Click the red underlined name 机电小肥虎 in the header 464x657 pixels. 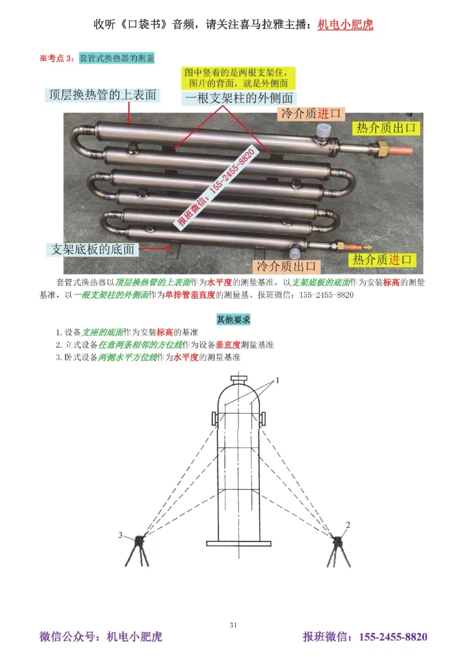click(x=346, y=25)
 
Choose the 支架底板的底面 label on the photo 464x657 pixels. click(x=93, y=249)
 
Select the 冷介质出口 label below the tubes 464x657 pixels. click(x=288, y=266)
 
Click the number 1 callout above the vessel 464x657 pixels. click(x=277, y=381)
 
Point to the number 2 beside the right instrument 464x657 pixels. click(x=348, y=525)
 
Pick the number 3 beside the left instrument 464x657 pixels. click(x=121, y=535)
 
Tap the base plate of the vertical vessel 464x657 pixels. click(x=238, y=543)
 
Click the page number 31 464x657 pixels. click(x=233, y=625)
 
